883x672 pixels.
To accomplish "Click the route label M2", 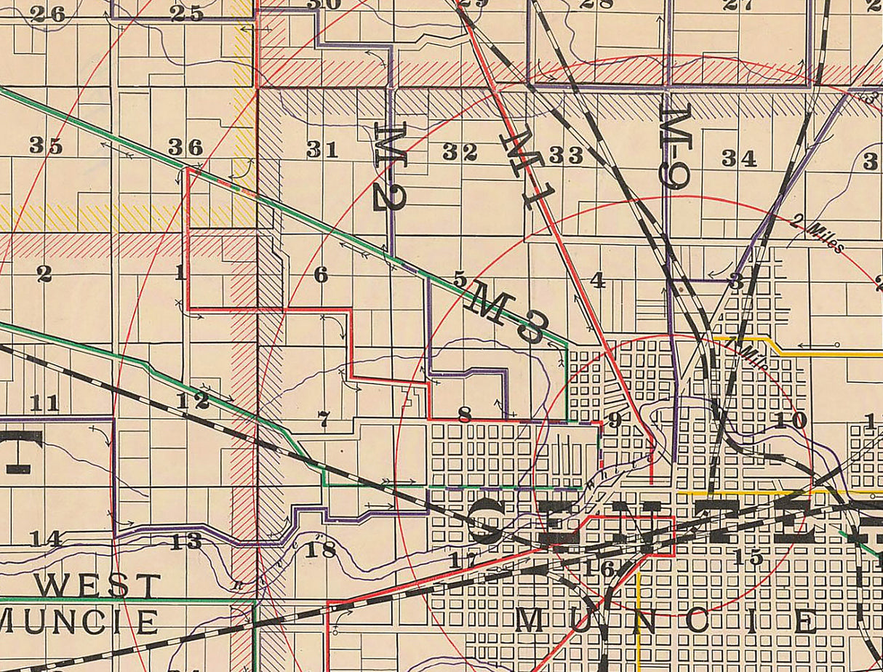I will pos(389,167).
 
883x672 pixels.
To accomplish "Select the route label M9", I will pos(675,146).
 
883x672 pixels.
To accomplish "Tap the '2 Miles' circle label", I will pos(820,236).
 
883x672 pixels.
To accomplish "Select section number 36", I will pos(186,147).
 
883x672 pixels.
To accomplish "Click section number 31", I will pos(322,150).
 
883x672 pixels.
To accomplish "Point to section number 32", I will pos(460,152).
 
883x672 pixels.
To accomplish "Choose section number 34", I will pos(740,158).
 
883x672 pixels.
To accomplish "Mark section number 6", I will pos(321,275).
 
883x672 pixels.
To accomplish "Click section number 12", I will pos(192,400).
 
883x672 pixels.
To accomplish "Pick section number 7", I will pos(324,418).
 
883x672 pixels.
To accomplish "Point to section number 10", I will pos(791,420).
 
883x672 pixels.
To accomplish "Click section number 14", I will pos(45,539).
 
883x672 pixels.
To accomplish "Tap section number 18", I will pos(320,549).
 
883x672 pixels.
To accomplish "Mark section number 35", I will pos(46,145).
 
